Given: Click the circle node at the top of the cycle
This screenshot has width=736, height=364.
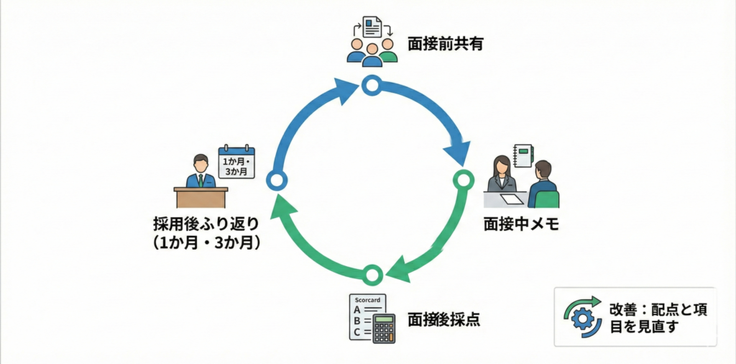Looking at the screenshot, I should pos(370,86).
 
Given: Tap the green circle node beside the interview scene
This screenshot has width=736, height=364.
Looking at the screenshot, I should pos(462,178).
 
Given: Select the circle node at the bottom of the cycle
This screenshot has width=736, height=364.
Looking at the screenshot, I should pos(371,273).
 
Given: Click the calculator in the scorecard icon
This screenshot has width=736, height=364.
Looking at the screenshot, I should pos(384,329).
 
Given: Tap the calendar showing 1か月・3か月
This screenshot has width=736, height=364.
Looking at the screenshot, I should pos(236,163).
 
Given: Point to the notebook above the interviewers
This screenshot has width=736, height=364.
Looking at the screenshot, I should pos(524,155).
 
